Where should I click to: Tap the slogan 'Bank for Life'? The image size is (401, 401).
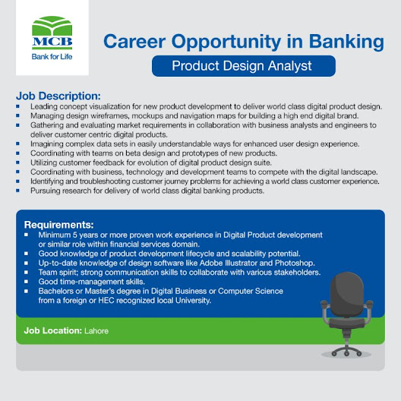[x=52, y=56]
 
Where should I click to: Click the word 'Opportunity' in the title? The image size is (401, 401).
[x=226, y=43]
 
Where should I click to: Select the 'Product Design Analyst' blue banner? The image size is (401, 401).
[x=244, y=66]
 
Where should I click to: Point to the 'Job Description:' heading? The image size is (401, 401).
[x=58, y=96]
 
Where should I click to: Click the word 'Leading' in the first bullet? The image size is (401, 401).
[x=43, y=106]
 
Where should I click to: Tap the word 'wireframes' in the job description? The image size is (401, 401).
[x=112, y=116]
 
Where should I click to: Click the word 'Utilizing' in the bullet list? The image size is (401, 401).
[x=44, y=163]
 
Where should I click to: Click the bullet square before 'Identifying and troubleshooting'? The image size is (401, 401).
[x=17, y=182]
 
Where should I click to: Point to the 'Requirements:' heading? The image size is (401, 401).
[x=58, y=225]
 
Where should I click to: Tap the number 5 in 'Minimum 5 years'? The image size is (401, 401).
[x=74, y=235]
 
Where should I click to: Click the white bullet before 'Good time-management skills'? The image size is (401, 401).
[x=26, y=282]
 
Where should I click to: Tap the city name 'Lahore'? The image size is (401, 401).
[x=96, y=331]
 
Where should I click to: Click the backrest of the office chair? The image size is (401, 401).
[x=347, y=295]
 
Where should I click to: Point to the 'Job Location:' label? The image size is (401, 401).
[x=53, y=330]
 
